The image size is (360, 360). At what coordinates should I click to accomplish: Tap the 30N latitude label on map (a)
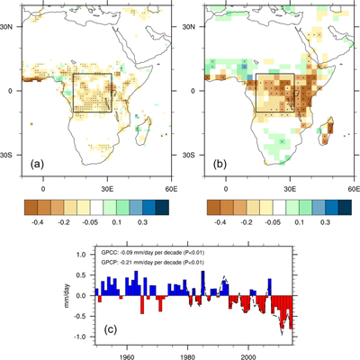(11, 27)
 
